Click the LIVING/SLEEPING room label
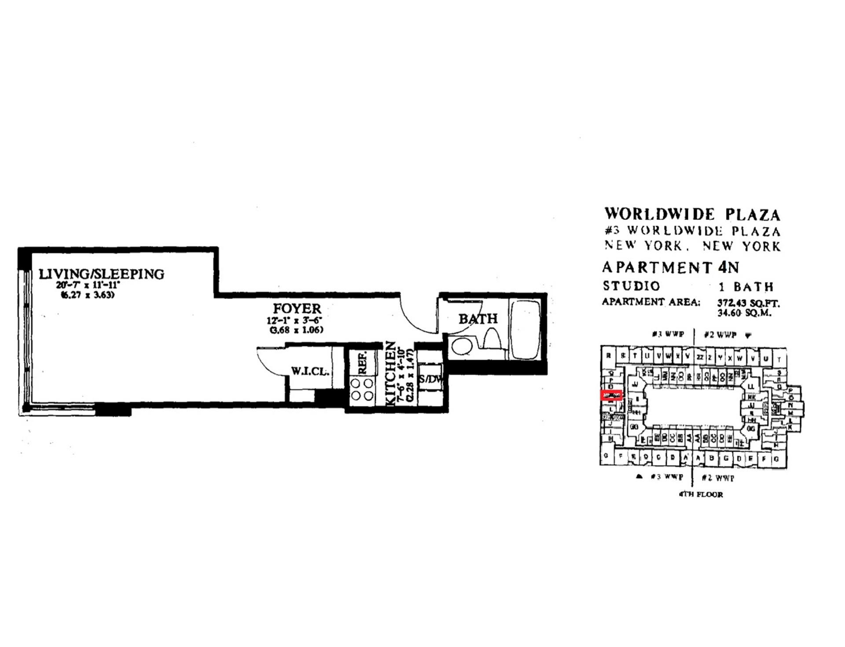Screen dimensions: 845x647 tap(101, 274)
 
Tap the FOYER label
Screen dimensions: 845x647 tap(297, 308)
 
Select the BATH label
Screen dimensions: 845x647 tap(478, 318)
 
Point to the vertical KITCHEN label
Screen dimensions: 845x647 tap(390, 373)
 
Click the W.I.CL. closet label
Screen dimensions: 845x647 tap(310, 371)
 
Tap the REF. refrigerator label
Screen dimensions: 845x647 tap(363, 363)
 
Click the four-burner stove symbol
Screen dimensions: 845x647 tap(362, 390)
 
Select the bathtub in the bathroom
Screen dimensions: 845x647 tap(526, 330)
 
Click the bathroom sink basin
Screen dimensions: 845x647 tap(462, 346)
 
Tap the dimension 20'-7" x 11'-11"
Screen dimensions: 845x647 tap(88, 285)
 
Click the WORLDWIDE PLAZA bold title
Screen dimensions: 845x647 tap(692, 214)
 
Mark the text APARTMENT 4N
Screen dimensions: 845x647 tap(670, 267)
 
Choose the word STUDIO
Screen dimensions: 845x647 tap(632, 286)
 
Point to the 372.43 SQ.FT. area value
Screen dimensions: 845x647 tap(748, 303)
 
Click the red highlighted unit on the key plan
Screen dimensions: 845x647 tap(611, 395)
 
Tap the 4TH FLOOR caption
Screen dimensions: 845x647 tap(701, 494)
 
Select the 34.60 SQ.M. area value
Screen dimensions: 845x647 tap(744, 313)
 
